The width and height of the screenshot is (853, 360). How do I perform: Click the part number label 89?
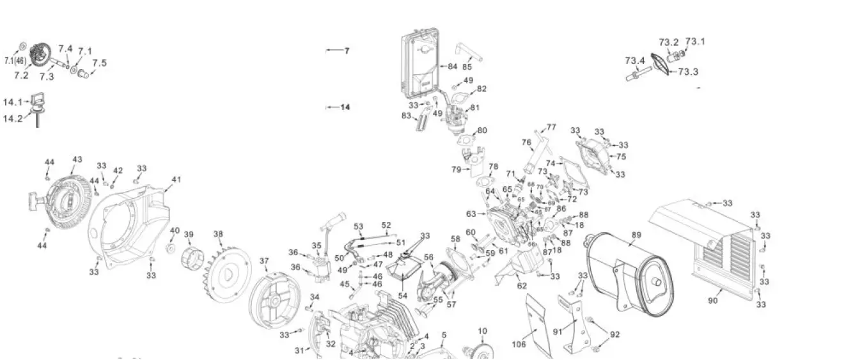coord(636,235)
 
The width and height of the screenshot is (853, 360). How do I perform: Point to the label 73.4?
coord(634,61)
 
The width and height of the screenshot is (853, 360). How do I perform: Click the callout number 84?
coord(452,66)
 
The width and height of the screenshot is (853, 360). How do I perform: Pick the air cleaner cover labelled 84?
coord(419,64)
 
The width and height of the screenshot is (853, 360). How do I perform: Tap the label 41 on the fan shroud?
coord(176,180)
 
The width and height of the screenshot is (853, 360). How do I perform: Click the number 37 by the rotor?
coord(264,261)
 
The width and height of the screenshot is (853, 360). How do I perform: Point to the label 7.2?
coord(21,75)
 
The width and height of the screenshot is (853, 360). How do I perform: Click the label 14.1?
coord(12,102)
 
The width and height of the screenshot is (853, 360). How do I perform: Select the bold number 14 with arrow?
coord(345,107)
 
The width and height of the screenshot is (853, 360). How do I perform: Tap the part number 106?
coord(519,345)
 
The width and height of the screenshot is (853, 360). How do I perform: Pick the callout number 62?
coord(522,286)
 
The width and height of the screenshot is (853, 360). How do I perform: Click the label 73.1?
coord(695,42)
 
